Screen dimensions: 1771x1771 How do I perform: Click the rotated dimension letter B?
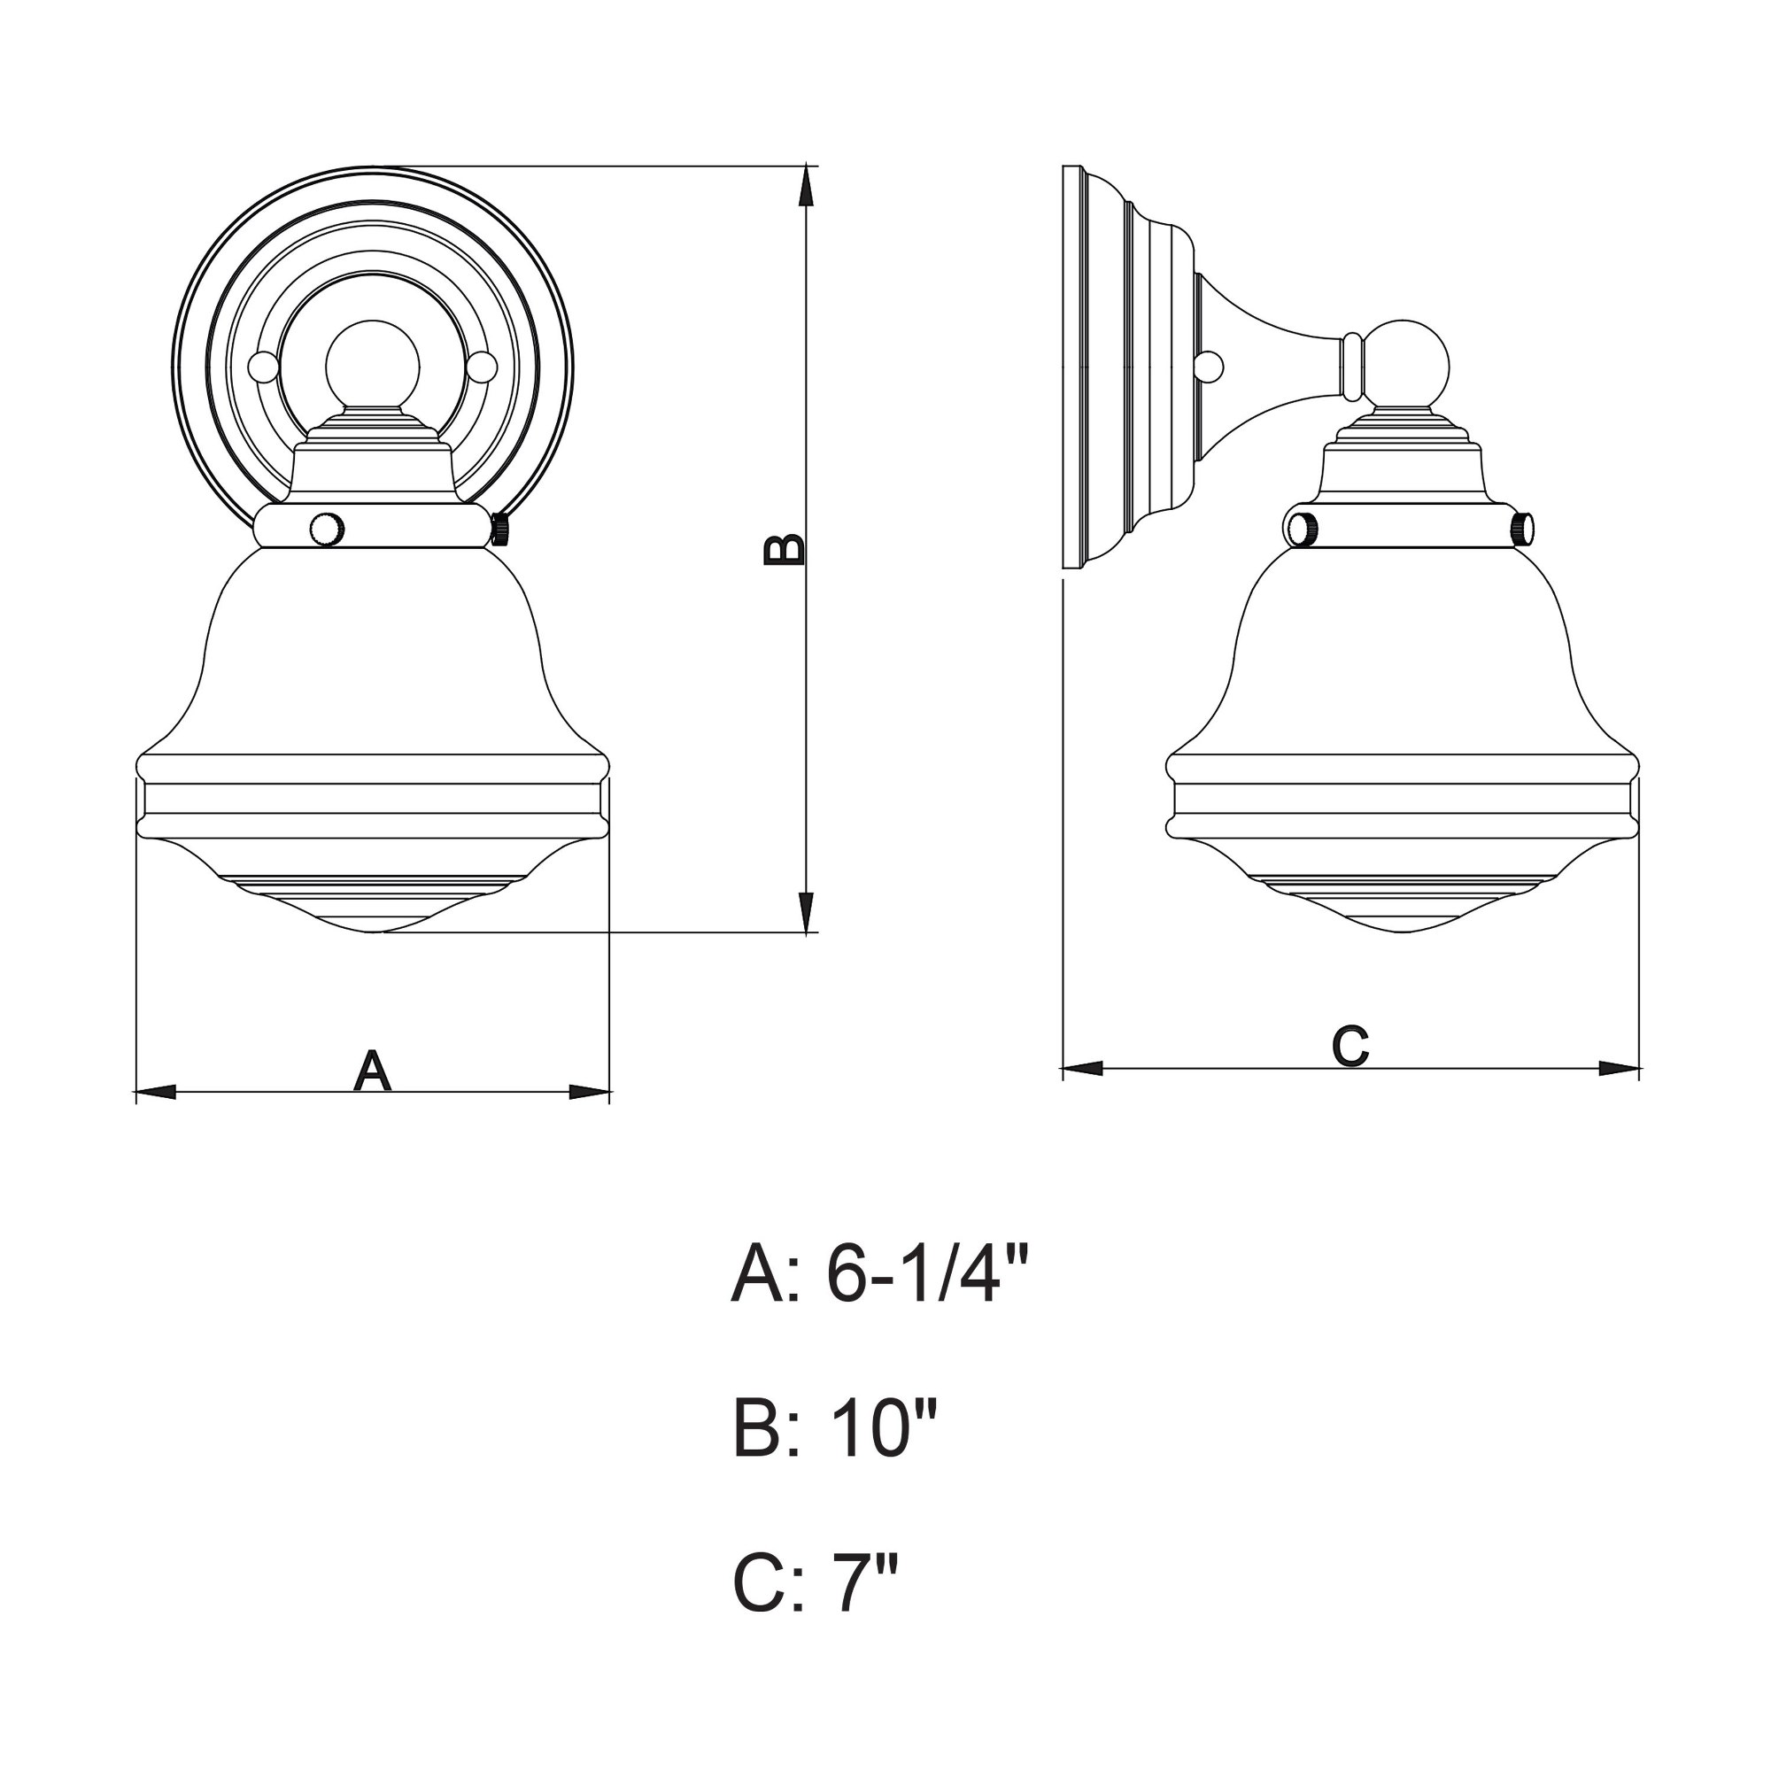(785, 549)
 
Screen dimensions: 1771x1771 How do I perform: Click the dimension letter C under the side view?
(1350, 1046)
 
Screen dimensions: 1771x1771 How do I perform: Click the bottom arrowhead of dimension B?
(806, 913)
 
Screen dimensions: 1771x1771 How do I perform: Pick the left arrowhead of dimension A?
(155, 1092)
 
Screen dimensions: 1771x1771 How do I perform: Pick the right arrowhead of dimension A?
(590, 1092)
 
